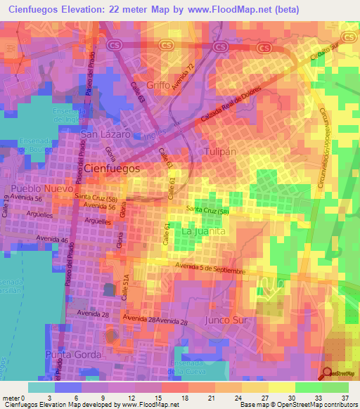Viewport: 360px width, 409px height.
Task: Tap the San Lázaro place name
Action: (x=105, y=134)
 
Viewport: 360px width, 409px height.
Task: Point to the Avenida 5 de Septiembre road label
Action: (x=211, y=268)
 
